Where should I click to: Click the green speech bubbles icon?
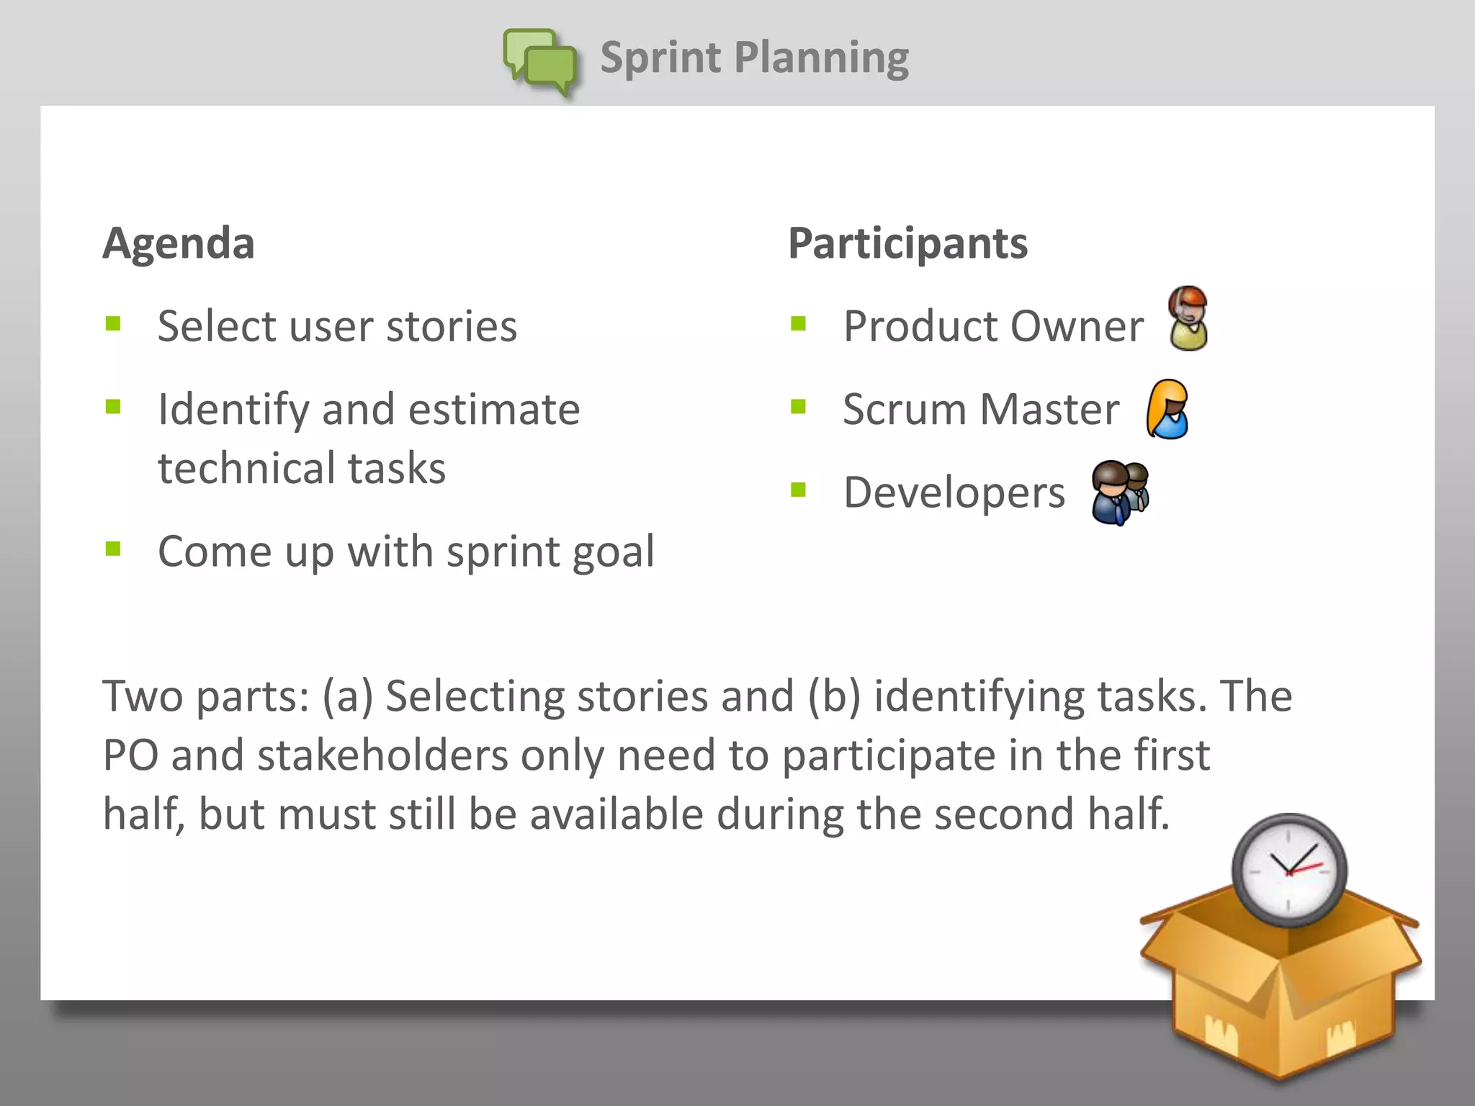pyautogui.click(x=541, y=62)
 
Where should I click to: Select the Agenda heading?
pyautogui.click(x=179, y=243)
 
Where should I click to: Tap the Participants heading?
pyautogui.click(x=907, y=243)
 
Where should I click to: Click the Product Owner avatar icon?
pyautogui.click(x=1188, y=318)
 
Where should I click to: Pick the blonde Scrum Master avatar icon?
pyautogui.click(x=1167, y=409)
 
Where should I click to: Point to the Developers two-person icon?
pyautogui.click(x=1119, y=493)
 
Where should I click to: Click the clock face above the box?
pyautogui.click(x=1288, y=870)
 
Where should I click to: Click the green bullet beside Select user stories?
pyautogui.click(x=113, y=323)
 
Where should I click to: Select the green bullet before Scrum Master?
pyautogui.click(x=798, y=407)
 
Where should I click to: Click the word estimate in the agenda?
pyautogui.click(x=494, y=410)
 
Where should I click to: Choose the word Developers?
pyautogui.click(x=954, y=493)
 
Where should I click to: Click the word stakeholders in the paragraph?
pyautogui.click(x=382, y=755)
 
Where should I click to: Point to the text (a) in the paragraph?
pyautogui.click(x=347, y=696)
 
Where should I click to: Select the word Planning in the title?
pyautogui.click(x=821, y=58)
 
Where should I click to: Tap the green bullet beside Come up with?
pyautogui.click(x=113, y=549)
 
